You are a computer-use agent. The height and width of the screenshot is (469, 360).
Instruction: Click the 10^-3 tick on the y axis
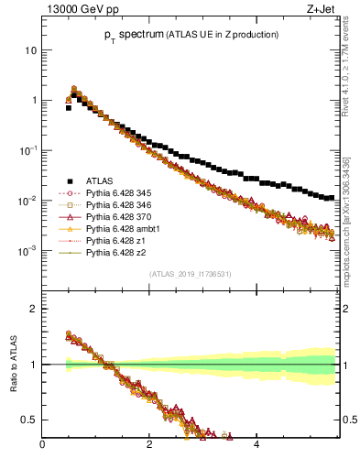(27, 251)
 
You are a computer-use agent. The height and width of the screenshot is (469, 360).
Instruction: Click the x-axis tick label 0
(42, 445)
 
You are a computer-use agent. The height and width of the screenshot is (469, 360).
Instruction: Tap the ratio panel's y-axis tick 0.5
(29, 420)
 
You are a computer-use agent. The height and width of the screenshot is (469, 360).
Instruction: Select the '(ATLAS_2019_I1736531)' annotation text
(191, 274)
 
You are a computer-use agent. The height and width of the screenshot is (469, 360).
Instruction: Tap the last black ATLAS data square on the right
(331, 197)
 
